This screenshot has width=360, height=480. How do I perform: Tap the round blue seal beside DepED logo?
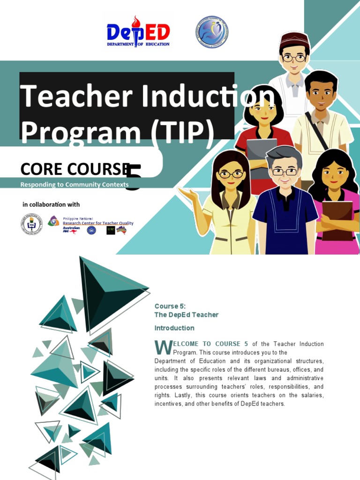tap(211, 32)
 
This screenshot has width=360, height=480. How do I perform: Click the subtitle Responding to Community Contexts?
tap(74, 185)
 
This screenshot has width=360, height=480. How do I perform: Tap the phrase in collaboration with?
tap(51, 204)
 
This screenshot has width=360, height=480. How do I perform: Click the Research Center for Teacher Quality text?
tap(98, 223)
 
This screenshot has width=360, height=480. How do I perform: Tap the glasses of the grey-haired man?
tap(285, 172)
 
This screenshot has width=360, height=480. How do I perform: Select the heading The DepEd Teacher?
tap(187, 315)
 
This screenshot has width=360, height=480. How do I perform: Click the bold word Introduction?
tap(174, 328)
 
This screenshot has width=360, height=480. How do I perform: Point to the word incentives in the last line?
tap(169, 404)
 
